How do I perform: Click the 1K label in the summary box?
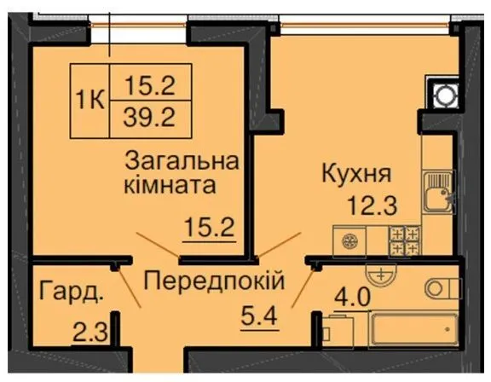click(x=90, y=101)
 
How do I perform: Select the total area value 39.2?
click(x=149, y=118)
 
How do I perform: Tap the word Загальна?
click(x=182, y=161)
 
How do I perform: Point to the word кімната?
click(x=170, y=185)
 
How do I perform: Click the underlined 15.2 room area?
click(x=210, y=228)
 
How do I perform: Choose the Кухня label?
click(x=356, y=174)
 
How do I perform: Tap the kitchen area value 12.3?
click(x=373, y=205)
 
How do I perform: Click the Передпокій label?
click(x=214, y=281)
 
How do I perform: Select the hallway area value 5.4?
click(x=259, y=316)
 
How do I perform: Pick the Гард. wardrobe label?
click(x=71, y=292)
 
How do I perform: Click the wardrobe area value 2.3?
click(x=90, y=333)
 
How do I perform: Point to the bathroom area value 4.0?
click(x=353, y=298)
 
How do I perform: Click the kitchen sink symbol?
click(x=438, y=192)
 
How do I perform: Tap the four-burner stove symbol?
click(x=405, y=241)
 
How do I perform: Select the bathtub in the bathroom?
click(x=413, y=329)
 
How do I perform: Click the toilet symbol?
click(x=442, y=288)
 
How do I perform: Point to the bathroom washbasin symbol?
click(x=381, y=274)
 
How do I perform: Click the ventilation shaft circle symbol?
click(x=444, y=95)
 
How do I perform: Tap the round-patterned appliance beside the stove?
click(x=350, y=241)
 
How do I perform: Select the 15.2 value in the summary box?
click(x=150, y=85)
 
